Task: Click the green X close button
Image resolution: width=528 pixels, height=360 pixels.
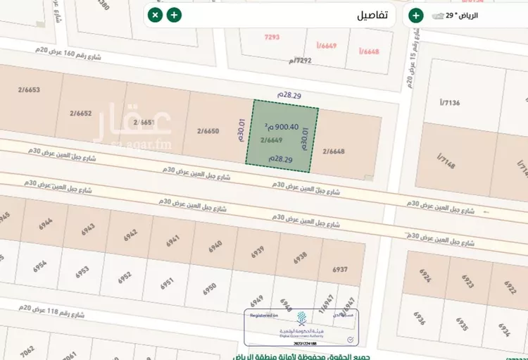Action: click(155, 15)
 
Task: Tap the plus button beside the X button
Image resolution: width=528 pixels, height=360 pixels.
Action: click(174, 15)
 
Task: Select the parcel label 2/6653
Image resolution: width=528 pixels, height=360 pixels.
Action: click(29, 89)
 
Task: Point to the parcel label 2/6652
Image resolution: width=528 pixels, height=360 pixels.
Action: click(81, 113)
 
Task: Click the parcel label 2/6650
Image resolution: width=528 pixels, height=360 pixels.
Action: click(208, 130)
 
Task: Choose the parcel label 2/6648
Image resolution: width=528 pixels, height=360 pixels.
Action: click(333, 151)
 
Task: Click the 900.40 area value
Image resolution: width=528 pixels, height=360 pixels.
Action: click(285, 127)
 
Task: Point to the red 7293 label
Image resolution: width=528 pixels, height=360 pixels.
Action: click(271, 37)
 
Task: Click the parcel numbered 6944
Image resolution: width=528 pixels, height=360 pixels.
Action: click(46, 223)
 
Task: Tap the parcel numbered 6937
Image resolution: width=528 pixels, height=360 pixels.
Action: click(340, 269)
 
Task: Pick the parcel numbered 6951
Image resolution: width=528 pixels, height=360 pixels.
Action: click(167, 283)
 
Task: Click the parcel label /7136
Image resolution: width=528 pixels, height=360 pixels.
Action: click(449, 103)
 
